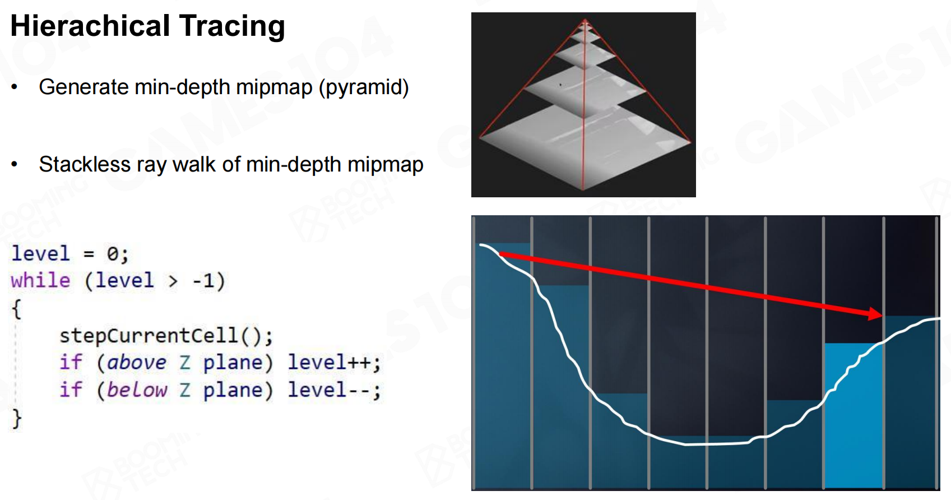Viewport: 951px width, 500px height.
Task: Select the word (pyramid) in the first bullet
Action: [364, 87]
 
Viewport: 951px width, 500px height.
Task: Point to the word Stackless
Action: [85, 164]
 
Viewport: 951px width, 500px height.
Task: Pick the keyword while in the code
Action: [40, 281]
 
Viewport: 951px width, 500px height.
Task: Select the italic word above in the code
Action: [136, 363]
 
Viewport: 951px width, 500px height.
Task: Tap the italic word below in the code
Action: [137, 390]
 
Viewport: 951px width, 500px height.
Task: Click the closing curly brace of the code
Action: [17, 419]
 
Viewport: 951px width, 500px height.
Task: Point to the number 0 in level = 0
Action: [113, 254]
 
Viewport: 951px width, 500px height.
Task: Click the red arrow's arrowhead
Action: [875, 314]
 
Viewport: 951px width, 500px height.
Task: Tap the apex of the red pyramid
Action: [584, 19]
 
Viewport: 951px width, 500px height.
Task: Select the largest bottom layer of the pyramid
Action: [584, 146]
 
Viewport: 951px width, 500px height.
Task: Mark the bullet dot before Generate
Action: [15, 87]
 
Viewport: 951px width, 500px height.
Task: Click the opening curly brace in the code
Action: [17, 309]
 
